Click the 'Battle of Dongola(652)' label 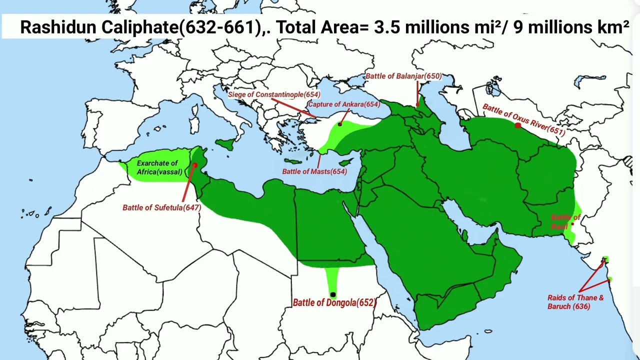point(334,302)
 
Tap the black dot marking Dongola point(333,294)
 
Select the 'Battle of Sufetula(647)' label point(161,207)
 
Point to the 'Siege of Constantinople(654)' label point(274,94)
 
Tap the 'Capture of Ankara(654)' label point(344,104)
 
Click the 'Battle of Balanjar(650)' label point(403,76)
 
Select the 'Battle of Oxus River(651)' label point(523,120)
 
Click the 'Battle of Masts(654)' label point(314,171)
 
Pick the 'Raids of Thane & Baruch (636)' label point(575,302)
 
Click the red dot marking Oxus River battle point(517,125)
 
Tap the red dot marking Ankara point(340,124)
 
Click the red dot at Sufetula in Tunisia point(195,165)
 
